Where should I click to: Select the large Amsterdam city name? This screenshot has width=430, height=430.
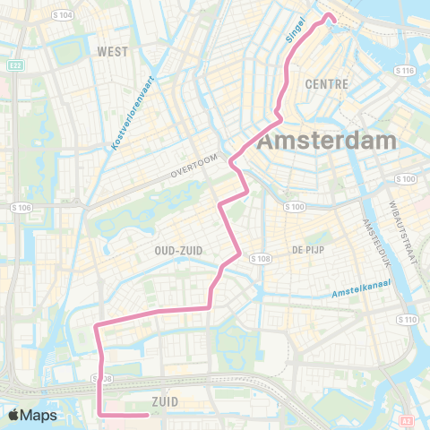point(326,142)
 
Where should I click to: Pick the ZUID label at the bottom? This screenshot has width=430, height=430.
point(167,400)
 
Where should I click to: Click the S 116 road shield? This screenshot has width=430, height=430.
point(405,69)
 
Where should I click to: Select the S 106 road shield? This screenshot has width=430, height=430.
point(22,209)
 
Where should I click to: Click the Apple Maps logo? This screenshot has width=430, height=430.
point(32,416)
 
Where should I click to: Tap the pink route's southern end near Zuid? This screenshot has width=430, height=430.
point(146,415)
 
